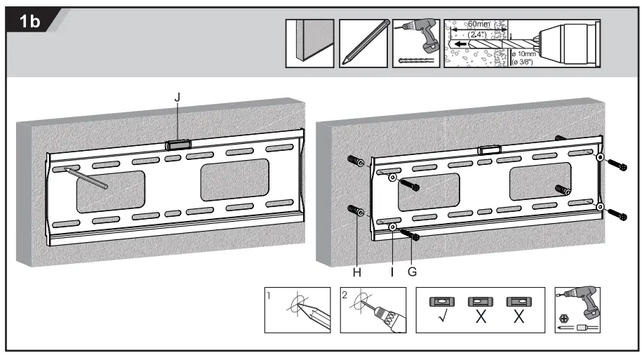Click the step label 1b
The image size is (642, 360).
click(x=31, y=22)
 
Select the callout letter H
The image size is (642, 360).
click(x=356, y=273)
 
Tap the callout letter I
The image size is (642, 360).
click(x=392, y=273)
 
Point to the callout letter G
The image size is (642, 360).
click(x=412, y=273)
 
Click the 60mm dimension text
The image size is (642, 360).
click(x=479, y=25)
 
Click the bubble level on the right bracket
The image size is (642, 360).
click(x=489, y=149)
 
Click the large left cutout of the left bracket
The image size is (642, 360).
click(x=110, y=191)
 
